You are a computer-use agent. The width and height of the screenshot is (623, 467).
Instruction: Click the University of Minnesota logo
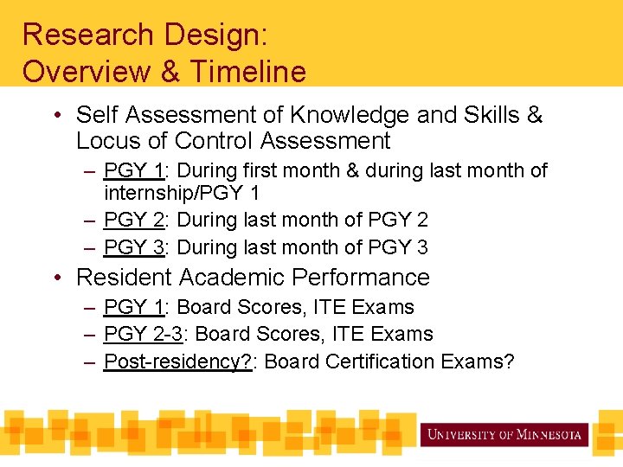pos(504,434)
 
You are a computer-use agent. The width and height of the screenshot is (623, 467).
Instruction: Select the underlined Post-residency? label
pos(177,361)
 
